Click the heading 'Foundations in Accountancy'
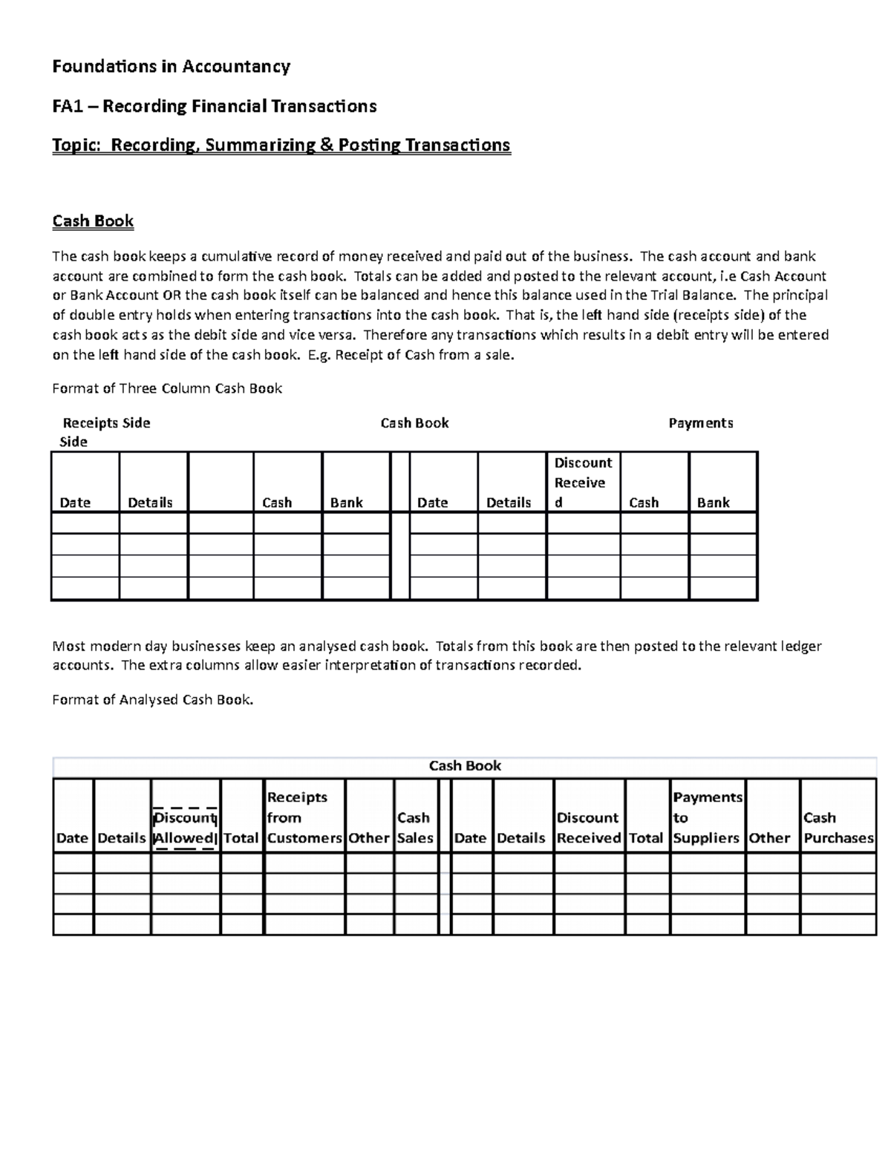click(171, 67)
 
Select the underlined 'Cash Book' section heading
click(93, 221)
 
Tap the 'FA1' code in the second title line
click(68, 106)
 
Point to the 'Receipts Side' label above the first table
click(106, 423)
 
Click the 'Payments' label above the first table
click(700, 423)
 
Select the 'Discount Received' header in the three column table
click(583, 483)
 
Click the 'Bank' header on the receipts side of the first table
click(346, 503)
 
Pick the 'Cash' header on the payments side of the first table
click(644, 503)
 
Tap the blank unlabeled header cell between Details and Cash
click(221, 483)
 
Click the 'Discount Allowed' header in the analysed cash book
click(185, 828)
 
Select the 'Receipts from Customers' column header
click(304, 817)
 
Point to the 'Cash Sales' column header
click(414, 828)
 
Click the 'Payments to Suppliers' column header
click(707, 817)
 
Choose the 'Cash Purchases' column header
click(838, 828)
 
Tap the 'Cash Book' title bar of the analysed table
click(465, 766)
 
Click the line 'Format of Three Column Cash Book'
click(167, 388)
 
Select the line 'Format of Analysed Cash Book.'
click(152, 699)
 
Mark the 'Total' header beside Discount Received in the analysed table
click(646, 838)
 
